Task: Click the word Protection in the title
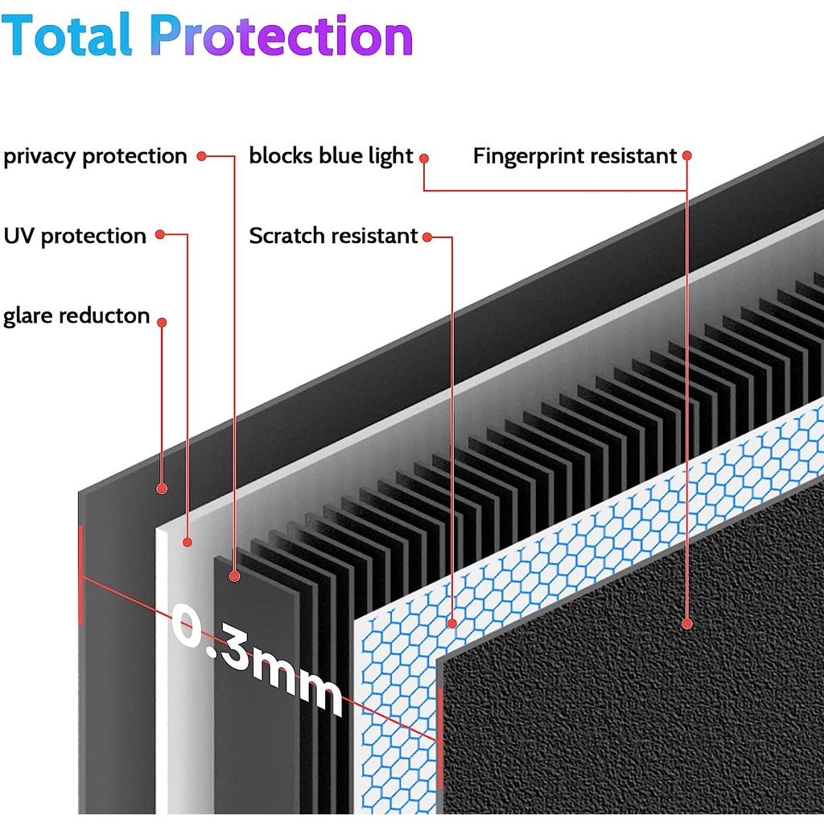tap(282, 37)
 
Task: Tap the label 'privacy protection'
tap(95, 156)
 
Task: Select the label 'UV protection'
tap(75, 236)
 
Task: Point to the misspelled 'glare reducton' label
tap(76, 315)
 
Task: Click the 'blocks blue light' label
tap(331, 156)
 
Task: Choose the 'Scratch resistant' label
tap(333, 236)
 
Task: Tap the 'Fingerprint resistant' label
tap(575, 156)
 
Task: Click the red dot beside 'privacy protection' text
tap(202, 155)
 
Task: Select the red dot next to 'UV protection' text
tap(160, 235)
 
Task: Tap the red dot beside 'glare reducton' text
tap(162, 322)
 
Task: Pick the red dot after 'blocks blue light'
tap(423, 159)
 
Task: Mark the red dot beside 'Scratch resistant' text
tap(427, 237)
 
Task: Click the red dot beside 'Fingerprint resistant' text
tap(686, 154)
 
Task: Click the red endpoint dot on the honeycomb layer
tap(452, 623)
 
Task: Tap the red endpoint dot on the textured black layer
tap(686, 623)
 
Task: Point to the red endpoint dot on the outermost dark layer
tap(162, 488)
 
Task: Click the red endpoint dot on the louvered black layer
tap(234, 575)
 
